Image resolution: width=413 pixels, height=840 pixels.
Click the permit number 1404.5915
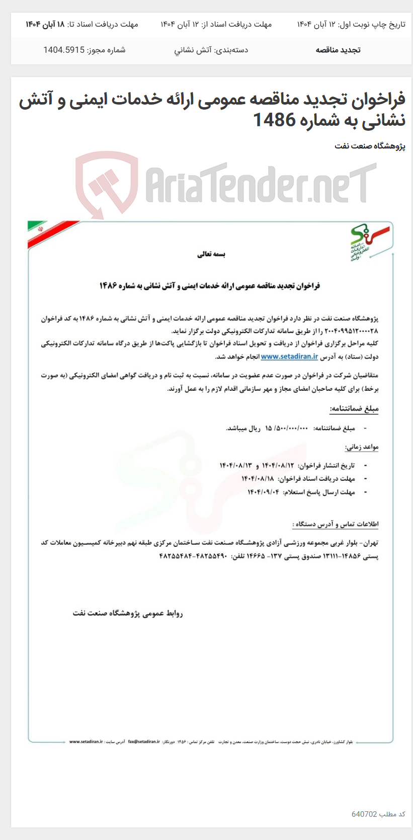click(x=64, y=50)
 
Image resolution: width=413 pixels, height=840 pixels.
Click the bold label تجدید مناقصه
click(x=338, y=50)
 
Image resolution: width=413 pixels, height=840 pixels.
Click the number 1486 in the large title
click(x=274, y=120)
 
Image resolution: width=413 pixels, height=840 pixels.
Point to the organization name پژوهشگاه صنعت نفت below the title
click(x=370, y=146)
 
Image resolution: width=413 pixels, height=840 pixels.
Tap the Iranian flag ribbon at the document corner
click(x=50, y=232)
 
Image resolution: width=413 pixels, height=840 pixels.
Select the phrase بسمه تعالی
click(x=211, y=255)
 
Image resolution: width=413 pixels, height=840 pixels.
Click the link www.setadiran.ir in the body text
click(x=289, y=357)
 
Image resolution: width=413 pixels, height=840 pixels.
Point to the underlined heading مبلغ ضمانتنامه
click(x=354, y=409)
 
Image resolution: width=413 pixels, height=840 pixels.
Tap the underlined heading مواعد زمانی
click(x=361, y=447)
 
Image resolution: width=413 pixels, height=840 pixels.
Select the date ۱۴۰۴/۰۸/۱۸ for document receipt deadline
click(x=258, y=478)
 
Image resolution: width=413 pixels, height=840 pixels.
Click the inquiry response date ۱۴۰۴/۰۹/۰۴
click(x=263, y=492)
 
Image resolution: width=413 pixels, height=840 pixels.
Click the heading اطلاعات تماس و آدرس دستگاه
click(x=336, y=524)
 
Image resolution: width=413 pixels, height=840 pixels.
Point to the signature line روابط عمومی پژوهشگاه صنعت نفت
click(x=128, y=614)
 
